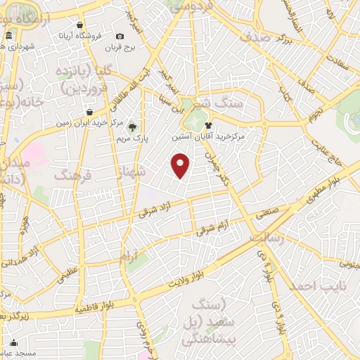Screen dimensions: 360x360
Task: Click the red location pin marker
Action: (181, 165)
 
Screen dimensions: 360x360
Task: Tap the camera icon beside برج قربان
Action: (120, 37)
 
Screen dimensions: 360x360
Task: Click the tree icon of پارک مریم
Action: (132, 127)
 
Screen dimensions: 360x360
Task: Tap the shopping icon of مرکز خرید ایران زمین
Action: (89, 112)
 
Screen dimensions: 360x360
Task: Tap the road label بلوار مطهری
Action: (330, 181)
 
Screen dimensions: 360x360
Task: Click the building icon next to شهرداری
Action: (8, 37)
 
